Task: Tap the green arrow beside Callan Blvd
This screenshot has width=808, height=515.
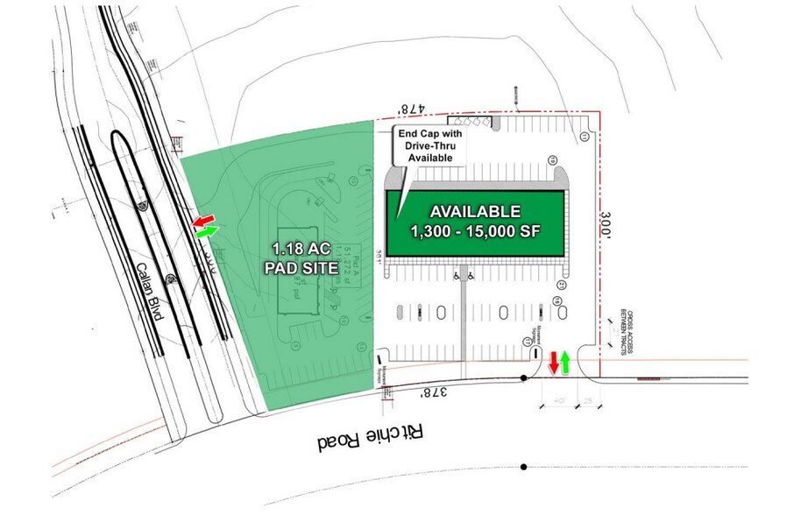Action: coord(207,232)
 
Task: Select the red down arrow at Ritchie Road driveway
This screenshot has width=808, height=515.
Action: coord(553,363)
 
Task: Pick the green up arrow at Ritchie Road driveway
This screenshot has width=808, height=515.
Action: coord(565,361)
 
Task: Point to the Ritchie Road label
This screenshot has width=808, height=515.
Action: coord(371,434)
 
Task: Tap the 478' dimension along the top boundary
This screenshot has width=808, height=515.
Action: coord(411,109)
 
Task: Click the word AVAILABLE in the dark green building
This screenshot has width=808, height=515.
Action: coord(474,211)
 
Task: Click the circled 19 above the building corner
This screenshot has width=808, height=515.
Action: coord(553,159)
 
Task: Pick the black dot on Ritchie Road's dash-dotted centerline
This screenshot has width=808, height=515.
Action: coord(524,466)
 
